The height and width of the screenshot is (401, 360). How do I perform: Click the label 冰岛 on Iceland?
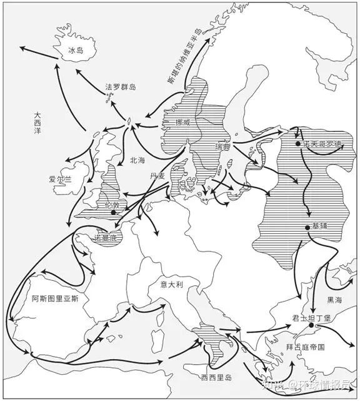pyautogui.click(x=75, y=49)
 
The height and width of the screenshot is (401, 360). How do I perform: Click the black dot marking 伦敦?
pyautogui.click(x=112, y=213)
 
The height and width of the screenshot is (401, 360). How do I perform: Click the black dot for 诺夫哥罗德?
pyautogui.click(x=299, y=145)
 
